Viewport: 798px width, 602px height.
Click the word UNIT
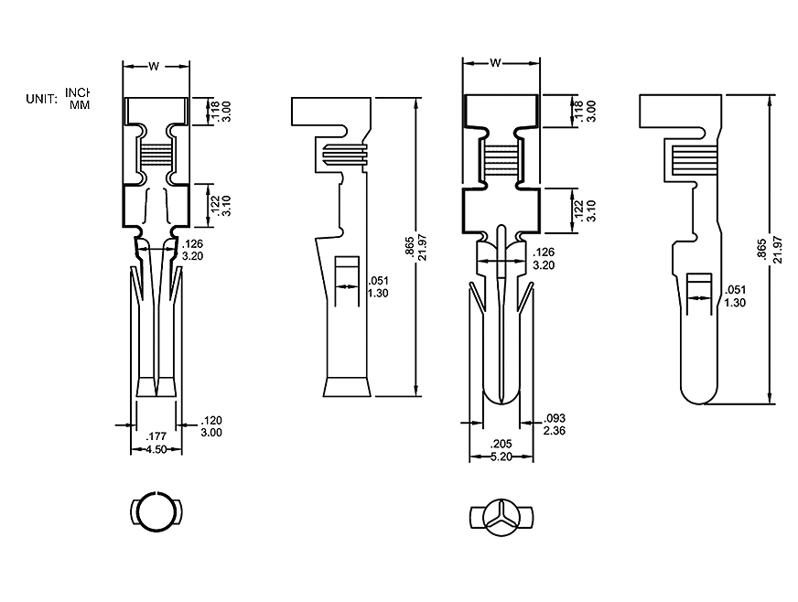42,98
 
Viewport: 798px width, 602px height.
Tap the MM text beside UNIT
80,104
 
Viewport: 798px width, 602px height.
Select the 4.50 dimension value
155,449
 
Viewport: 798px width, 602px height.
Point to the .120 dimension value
210,420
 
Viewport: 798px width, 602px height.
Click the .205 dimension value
501,444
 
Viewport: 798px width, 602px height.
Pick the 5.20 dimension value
501,456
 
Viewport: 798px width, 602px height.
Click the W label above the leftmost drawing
156,66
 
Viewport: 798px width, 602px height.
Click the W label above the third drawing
495,63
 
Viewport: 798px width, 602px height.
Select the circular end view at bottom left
155,513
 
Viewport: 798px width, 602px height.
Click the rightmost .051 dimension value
735,289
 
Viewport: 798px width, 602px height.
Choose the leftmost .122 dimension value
214,205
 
